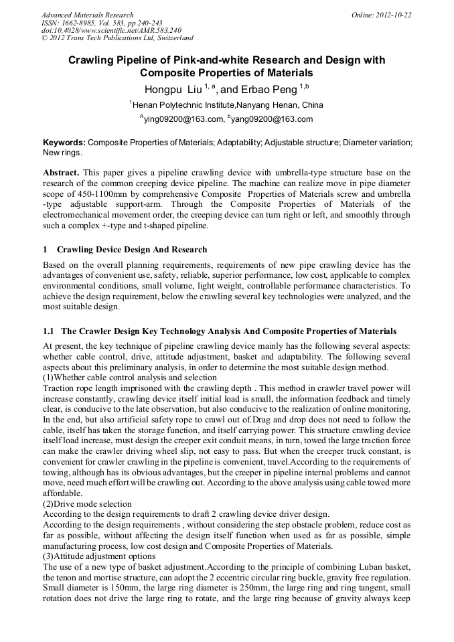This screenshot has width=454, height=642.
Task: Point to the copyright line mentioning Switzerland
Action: click(x=117, y=39)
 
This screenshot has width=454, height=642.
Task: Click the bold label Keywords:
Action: click(x=64, y=143)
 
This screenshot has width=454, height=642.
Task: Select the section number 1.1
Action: click(x=48, y=331)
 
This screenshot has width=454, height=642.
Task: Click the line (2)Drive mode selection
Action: click(x=87, y=503)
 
